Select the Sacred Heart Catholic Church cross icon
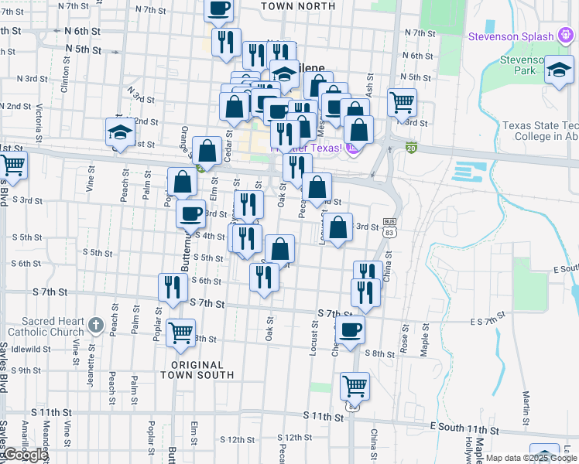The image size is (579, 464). [95, 326]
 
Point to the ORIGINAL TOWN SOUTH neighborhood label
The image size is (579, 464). [197, 370]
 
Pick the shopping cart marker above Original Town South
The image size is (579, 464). [180, 333]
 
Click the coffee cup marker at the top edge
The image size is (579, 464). [218, 9]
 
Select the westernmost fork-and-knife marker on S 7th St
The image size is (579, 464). [173, 287]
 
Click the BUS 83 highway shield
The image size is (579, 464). [389, 227]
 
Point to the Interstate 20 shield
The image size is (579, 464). [411, 148]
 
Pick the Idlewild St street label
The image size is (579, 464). [31, 349]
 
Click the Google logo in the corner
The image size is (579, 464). [25, 455]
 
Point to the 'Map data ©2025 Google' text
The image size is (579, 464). [531, 458]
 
